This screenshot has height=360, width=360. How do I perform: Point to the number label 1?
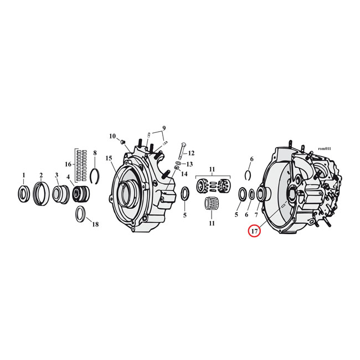click(23, 175)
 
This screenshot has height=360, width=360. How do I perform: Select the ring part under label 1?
click(24, 194)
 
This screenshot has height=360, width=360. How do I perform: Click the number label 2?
click(40, 175)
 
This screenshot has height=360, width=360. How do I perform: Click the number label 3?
click(56, 176)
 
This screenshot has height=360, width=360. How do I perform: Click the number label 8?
click(95, 152)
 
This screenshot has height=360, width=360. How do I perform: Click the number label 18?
click(95, 224)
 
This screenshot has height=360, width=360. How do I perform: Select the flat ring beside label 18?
click(80, 213)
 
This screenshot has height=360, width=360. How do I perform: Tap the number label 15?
click(109, 158)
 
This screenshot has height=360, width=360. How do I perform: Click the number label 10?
click(112, 136)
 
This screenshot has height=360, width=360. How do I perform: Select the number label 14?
click(184, 174)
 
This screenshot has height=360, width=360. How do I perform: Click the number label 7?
click(256, 214)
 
